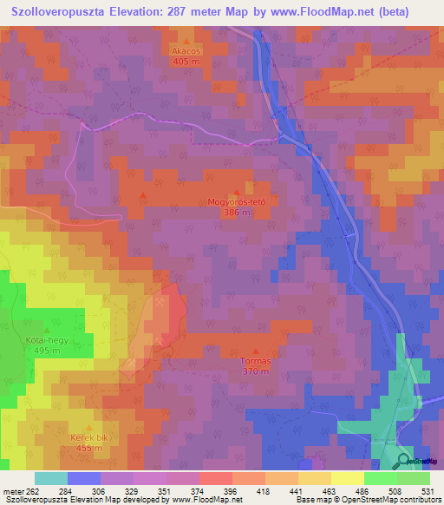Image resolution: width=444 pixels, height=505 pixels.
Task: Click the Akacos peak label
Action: pyautogui.click(x=186, y=51)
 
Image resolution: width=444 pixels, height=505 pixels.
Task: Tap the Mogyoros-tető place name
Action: pyautogui.click(x=235, y=202)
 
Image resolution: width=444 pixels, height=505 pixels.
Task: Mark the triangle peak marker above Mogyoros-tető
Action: pyautogui.click(x=238, y=193)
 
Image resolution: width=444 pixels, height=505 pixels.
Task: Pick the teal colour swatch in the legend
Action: pyautogui.click(x=50, y=478)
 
